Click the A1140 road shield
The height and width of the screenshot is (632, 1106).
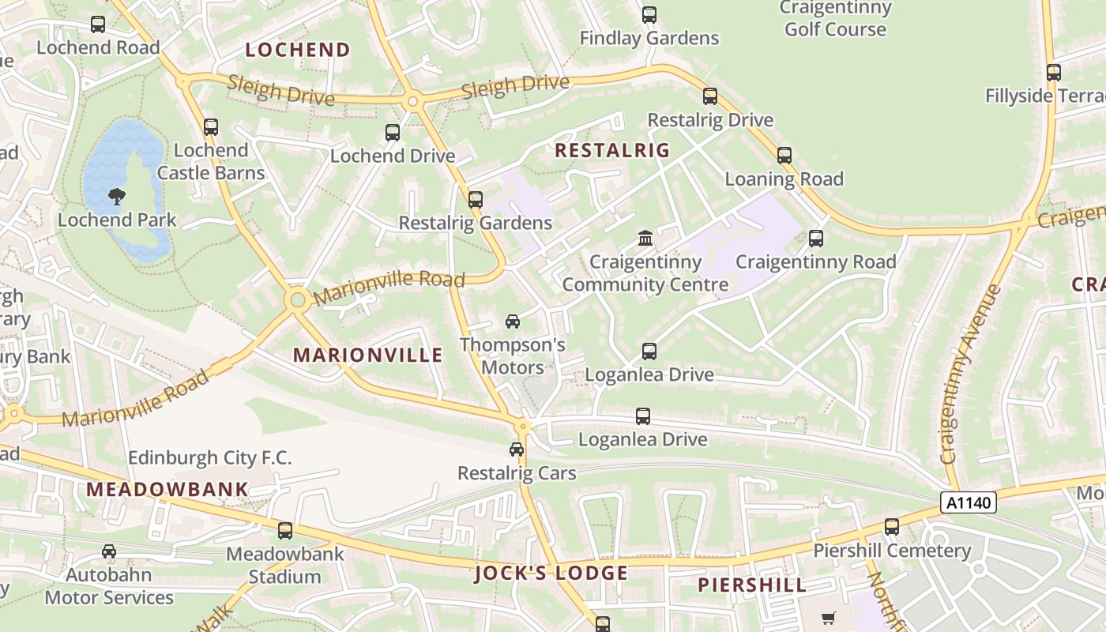coord(968,502)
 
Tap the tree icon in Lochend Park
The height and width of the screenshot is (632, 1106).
coord(117,196)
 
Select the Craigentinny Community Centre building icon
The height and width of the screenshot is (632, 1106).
coord(645,238)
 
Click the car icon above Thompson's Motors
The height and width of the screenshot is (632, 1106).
coord(513,322)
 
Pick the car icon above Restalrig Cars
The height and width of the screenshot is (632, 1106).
coord(517,450)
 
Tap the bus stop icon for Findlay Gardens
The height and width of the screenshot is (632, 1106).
coord(649,14)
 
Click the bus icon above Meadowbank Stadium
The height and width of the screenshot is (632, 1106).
coord(285,531)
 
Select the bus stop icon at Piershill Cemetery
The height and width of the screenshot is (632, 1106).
coord(892,527)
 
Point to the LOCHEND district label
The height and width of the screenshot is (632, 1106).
coord(297,50)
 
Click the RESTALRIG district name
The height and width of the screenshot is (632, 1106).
coord(612,150)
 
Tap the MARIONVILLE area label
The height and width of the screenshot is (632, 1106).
coord(368,355)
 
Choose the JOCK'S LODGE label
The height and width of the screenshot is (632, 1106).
coord(551,573)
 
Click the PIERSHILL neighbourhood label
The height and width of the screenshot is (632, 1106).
coord(752,585)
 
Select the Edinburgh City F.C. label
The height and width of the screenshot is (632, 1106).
coord(210,457)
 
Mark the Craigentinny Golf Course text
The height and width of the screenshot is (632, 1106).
coord(835,19)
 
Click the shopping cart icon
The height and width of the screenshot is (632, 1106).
coord(828,619)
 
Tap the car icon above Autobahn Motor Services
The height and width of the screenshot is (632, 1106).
coord(109,551)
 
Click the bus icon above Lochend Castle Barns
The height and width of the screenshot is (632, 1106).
coord(211,127)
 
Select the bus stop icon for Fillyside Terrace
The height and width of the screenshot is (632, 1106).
coord(1054,73)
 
